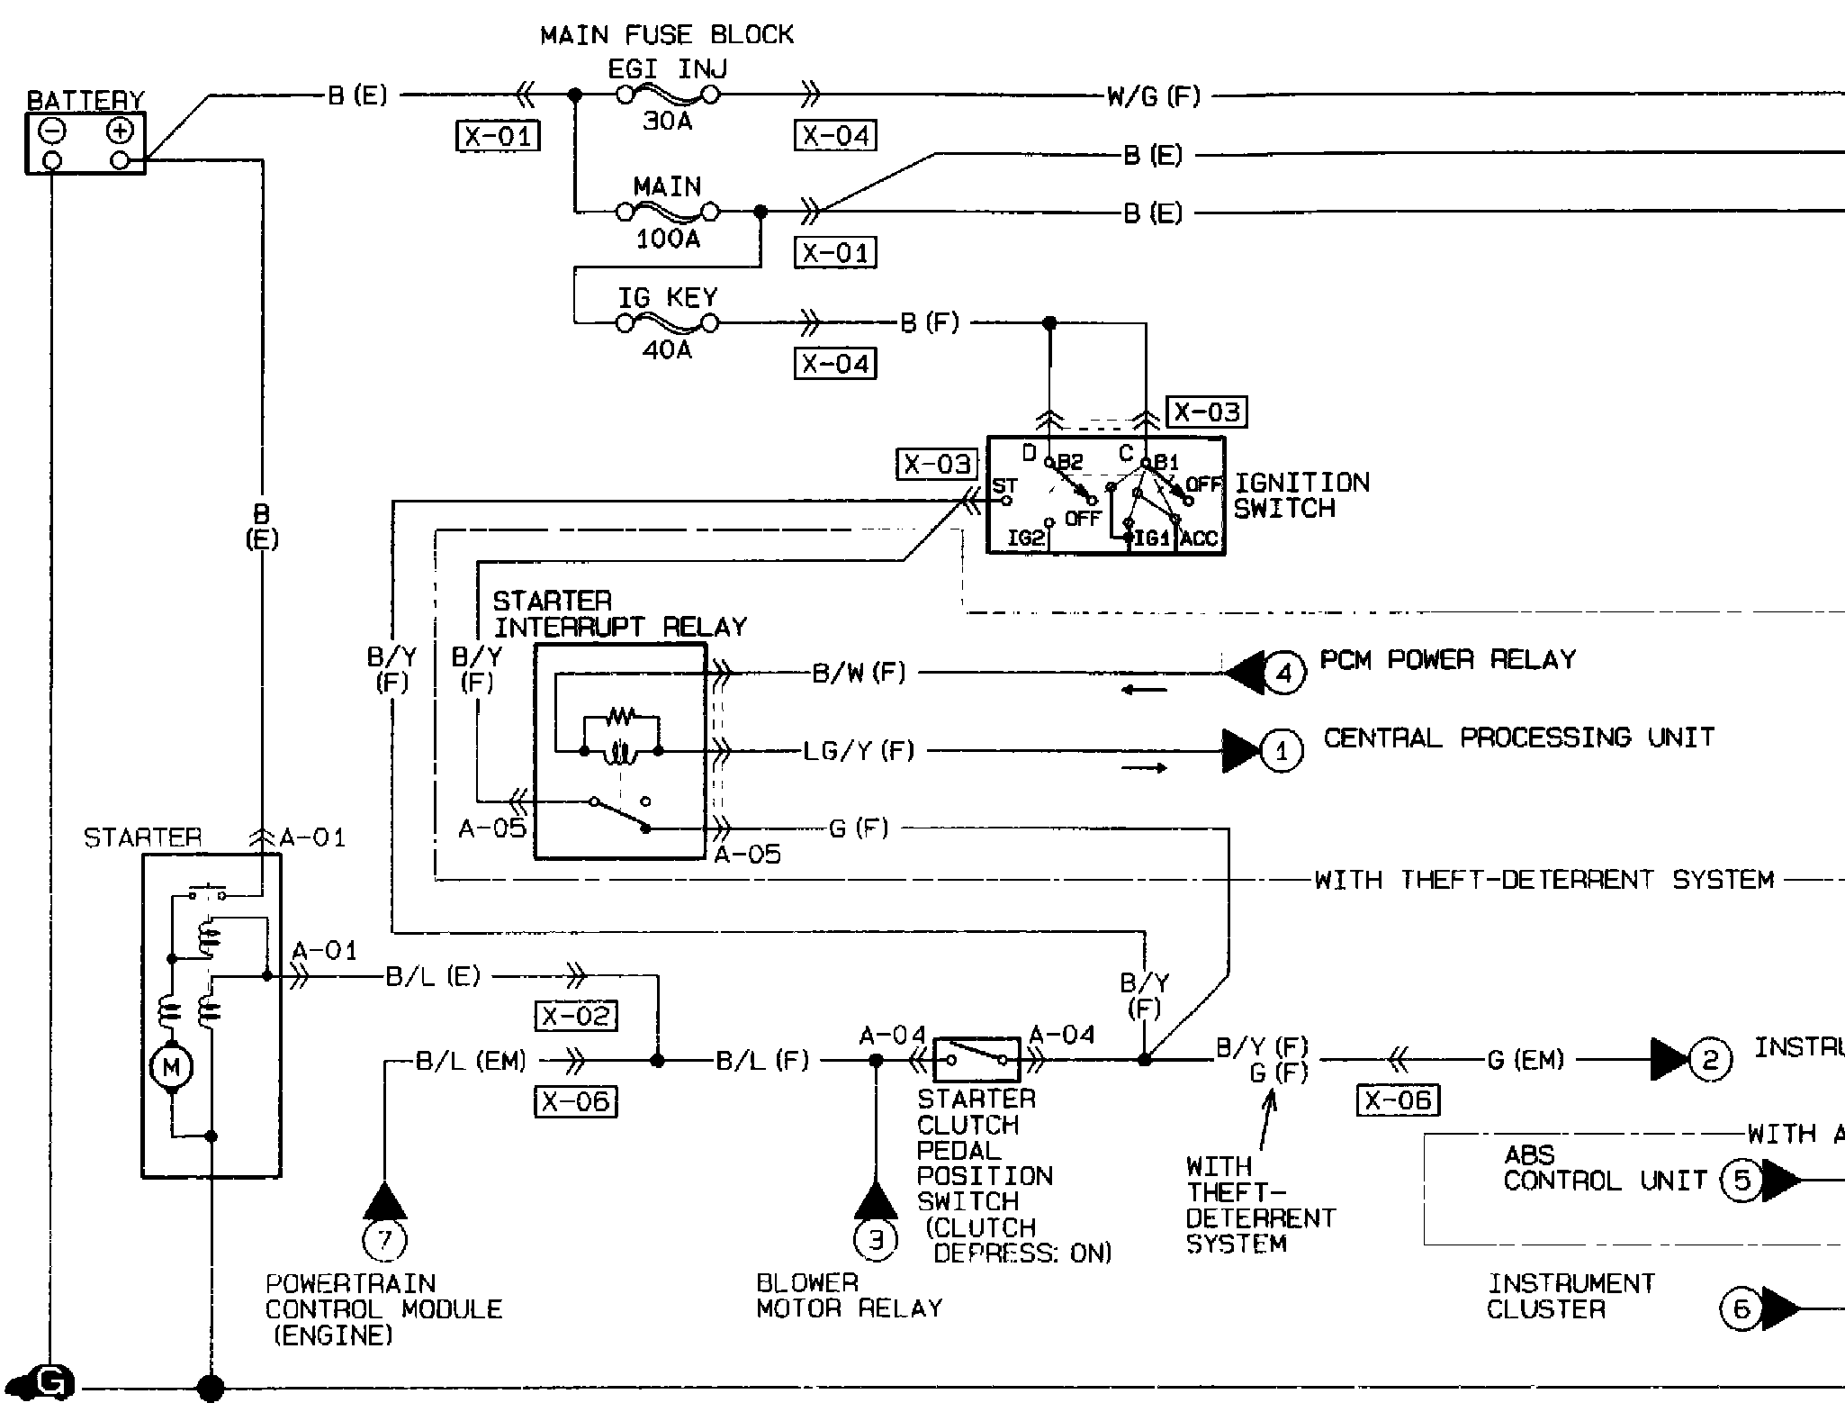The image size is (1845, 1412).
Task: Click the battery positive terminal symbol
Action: coord(120,131)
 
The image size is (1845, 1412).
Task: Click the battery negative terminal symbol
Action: coord(52,131)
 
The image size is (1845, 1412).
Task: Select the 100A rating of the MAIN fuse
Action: coord(668,240)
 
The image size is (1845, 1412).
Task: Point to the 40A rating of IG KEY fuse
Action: coord(667,349)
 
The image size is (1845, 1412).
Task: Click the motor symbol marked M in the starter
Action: coord(171,1068)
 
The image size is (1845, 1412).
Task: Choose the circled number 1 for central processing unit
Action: coord(1282,751)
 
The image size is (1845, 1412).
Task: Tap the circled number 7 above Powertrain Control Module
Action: coord(384,1241)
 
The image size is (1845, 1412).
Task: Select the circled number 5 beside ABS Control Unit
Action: coord(1741,1180)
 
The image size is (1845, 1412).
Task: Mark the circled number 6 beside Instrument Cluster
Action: coord(1741,1308)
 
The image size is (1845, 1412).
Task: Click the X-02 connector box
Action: coord(576,1016)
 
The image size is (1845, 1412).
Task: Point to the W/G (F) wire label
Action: coord(1154,96)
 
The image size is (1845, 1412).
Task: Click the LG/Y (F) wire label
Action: coord(859,751)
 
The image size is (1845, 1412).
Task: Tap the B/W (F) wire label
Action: coord(859,673)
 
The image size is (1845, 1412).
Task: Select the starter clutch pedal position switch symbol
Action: coord(976,1060)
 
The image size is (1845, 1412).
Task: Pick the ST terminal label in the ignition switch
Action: coord(1005,486)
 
